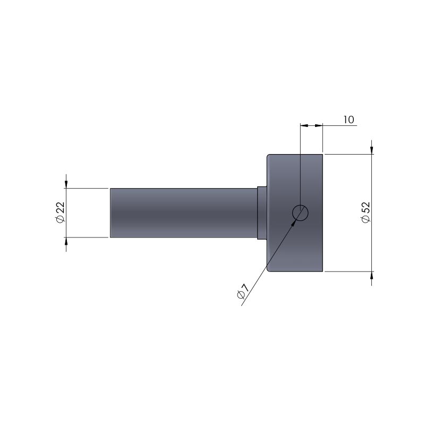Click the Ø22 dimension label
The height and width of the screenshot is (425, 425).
[60, 212]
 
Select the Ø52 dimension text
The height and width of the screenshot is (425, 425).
[365, 212]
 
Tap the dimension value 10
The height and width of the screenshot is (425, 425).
[349, 120]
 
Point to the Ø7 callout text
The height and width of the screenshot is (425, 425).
[243, 291]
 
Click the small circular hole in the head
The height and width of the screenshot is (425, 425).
[300, 213]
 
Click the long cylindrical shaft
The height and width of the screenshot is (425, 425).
[183, 213]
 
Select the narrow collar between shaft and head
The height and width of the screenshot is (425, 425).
[262, 213]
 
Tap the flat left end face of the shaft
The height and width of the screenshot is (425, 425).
[110, 213]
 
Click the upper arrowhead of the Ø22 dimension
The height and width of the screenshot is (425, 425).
[66, 183]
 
